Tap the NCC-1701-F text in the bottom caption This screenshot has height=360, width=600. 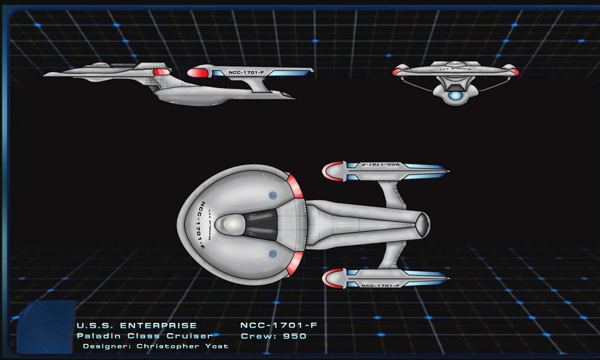278,326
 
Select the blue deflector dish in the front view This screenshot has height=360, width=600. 455,95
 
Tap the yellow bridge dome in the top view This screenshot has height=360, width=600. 233,224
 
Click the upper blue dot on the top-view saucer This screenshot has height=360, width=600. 272,194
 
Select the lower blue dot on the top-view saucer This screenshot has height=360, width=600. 272,254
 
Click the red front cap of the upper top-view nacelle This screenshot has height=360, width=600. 329,173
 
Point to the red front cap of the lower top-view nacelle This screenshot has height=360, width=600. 329,277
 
